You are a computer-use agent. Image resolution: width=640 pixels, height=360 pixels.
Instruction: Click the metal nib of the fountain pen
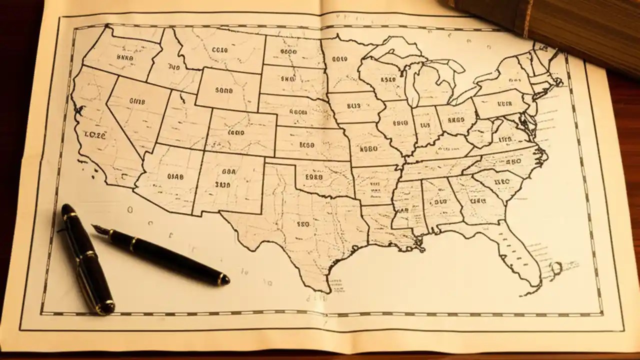click(x=100, y=229)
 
